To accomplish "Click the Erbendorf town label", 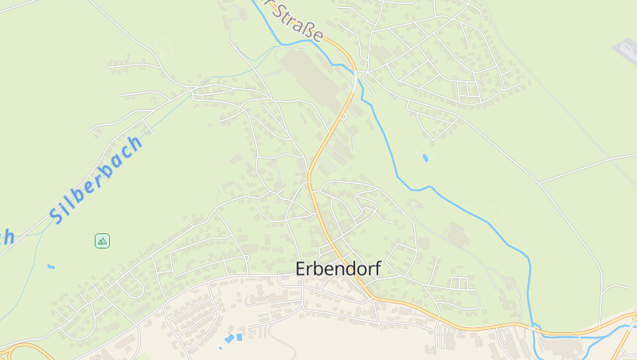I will pyautogui.click(x=338, y=269).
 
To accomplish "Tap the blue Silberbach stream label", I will pyautogui.click(x=96, y=179).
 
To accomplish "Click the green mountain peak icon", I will pyautogui.click(x=102, y=241).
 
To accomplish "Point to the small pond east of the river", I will pyautogui.click(x=424, y=158).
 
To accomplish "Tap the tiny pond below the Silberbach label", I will pyautogui.click(x=51, y=266).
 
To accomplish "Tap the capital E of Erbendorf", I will pyautogui.click(x=301, y=269).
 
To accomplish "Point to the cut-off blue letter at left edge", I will pyautogui.click(x=6, y=237).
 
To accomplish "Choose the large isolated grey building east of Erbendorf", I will pyautogui.click(x=457, y=234).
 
